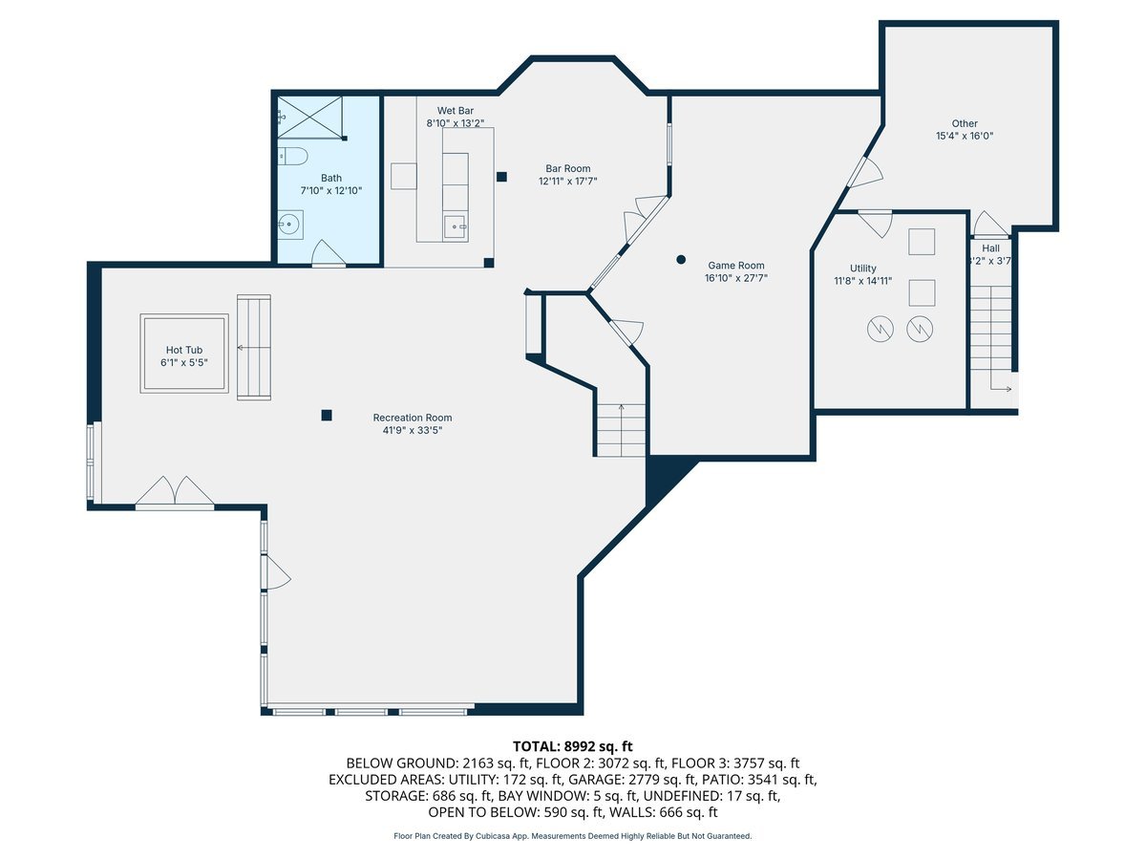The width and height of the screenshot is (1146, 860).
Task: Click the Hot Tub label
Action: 183,350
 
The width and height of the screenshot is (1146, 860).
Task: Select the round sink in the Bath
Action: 289,226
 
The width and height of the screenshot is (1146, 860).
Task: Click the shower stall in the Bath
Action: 311,117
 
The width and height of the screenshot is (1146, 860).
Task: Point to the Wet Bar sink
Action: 456,226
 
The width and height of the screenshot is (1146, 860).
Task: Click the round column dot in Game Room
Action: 681,259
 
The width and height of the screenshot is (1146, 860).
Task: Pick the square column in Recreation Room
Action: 327,415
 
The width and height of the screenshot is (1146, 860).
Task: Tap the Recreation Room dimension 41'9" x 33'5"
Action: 413,430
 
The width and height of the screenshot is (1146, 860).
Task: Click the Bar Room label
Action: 568,169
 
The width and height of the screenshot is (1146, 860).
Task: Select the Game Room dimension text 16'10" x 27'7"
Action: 736,278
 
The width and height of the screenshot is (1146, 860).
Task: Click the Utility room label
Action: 863,269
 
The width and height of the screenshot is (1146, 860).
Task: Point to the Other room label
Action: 965,124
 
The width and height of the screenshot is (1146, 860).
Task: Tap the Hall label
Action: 990,248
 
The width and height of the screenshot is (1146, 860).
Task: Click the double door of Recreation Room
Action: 175,492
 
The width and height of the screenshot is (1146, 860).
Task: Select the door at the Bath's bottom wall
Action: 329,254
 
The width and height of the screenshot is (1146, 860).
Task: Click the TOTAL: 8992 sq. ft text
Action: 573,746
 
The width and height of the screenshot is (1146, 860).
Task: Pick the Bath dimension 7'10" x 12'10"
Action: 331,190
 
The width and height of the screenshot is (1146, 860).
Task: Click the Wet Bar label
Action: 456,111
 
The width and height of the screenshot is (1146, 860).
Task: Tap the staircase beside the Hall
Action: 990,337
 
